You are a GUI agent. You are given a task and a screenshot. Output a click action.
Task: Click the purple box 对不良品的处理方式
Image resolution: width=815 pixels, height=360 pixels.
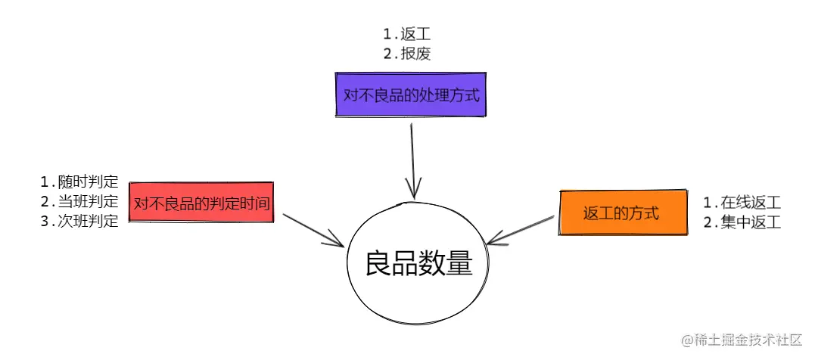411,95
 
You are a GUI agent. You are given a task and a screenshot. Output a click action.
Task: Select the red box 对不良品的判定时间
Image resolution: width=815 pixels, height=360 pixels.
202,203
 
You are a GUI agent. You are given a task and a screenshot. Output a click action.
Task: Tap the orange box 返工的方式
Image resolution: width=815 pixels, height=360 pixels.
621,213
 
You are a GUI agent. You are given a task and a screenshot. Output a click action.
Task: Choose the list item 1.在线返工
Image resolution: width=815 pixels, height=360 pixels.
742,203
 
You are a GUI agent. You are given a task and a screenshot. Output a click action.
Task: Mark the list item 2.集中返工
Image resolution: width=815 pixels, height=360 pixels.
742,222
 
